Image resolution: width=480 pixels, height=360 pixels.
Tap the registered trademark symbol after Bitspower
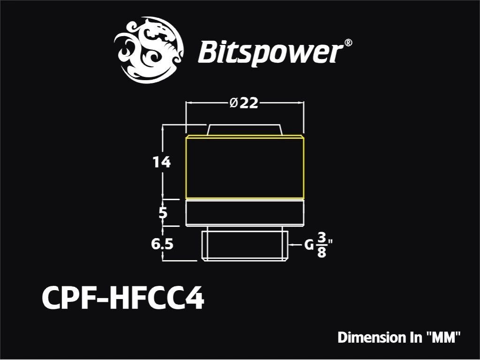coord(348,43)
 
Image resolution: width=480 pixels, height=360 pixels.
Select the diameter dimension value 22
coord(249,103)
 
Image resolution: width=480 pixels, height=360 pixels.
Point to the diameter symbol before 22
coord(233,103)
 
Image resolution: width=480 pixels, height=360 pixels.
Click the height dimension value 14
coord(161,162)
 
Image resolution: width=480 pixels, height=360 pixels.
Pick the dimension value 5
coord(163,212)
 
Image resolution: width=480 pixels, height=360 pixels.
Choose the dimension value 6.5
coord(162,244)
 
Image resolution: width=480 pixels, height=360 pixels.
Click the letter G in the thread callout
coord(309,245)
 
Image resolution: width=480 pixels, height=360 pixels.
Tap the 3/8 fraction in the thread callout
coord(322,245)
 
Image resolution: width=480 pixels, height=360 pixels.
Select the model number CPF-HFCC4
coord(123,298)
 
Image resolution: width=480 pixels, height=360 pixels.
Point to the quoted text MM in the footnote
coord(443,337)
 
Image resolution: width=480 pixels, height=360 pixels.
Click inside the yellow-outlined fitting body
coord(245,167)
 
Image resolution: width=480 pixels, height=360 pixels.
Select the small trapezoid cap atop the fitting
coord(244,130)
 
